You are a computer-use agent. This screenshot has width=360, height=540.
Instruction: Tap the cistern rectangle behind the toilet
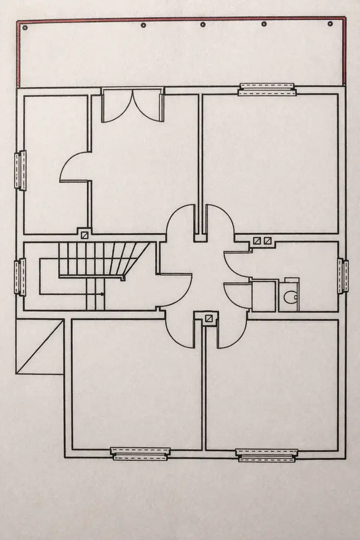click(291, 280)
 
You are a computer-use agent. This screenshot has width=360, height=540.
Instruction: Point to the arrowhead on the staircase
click(101, 293)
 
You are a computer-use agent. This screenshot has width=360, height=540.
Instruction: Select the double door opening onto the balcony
click(132, 105)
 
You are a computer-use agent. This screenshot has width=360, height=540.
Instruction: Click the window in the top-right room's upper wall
click(267, 89)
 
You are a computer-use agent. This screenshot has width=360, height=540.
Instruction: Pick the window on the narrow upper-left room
click(20, 170)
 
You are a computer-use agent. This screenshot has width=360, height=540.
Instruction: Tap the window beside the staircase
click(20, 276)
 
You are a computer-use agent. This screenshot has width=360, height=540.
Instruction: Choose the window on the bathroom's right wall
click(342, 276)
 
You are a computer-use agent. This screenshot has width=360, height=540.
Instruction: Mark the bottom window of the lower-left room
click(140, 454)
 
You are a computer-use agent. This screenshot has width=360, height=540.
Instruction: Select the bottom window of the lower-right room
click(267, 455)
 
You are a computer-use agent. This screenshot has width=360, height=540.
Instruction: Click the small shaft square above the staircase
click(85, 235)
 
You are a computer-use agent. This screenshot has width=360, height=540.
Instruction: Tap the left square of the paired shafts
click(257, 241)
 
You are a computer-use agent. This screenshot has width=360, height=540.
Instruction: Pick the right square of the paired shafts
click(267, 241)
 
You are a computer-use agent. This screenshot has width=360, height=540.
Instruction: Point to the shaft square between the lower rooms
click(207, 318)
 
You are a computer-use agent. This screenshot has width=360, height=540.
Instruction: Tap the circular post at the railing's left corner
click(24, 26)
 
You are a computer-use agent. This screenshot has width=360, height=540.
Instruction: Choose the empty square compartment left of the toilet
click(264, 295)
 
